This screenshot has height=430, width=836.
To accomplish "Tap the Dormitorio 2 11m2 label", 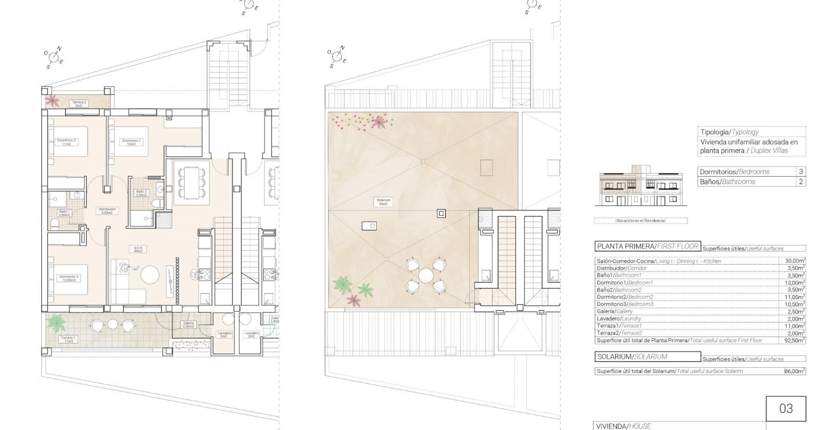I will point(66,142).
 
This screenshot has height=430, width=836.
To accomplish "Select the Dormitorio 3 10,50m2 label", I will point(68,278).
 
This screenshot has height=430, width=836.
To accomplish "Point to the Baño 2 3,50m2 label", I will point(141,193).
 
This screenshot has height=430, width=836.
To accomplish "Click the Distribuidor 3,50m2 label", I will point(107,211).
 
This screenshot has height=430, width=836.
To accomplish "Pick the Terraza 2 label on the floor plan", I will point(79,104).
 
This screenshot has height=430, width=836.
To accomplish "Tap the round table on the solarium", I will point(426,276).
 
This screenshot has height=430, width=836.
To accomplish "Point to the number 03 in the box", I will point(786,409).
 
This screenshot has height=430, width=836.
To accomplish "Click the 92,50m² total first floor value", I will point(792,340).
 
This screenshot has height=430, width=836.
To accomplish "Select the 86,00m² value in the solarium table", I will point(792,371).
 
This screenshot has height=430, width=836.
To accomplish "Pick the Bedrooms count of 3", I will point(801,172).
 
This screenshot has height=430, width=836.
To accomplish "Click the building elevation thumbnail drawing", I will point(640,186).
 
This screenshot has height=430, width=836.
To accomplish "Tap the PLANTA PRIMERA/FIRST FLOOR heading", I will point(648,246).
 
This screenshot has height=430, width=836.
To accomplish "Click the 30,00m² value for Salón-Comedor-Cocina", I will point(792,261).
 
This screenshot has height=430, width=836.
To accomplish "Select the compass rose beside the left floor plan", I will point(53,57).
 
